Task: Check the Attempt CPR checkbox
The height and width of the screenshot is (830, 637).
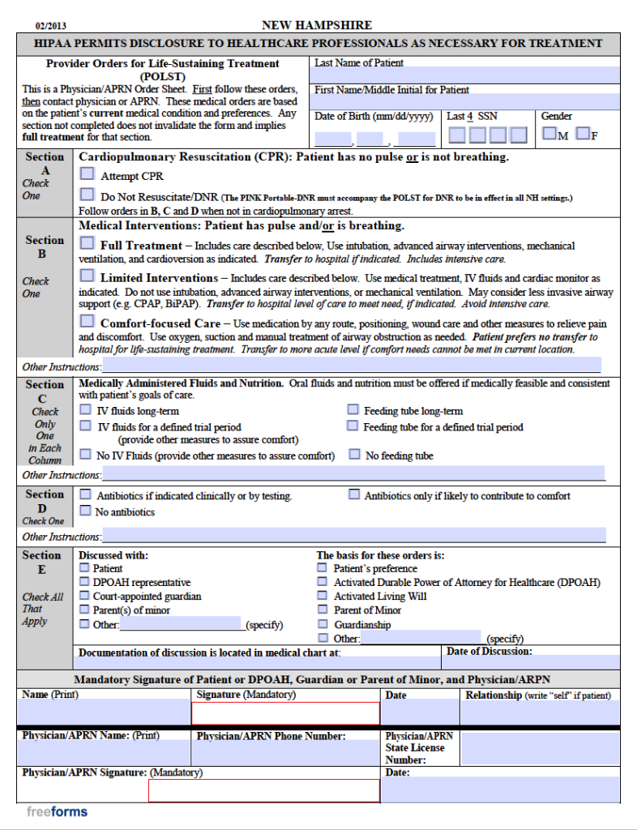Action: click(x=87, y=174)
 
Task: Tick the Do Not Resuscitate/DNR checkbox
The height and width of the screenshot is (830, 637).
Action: click(x=87, y=195)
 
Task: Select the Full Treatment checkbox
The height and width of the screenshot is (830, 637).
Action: click(x=87, y=243)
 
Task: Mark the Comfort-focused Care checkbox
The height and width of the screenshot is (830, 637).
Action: click(x=87, y=321)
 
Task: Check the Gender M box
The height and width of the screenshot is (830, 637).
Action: click(x=549, y=133)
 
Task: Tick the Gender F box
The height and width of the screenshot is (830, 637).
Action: click(x=582, y=133)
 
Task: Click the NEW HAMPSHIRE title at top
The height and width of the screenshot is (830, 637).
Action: click(x=317, y=25)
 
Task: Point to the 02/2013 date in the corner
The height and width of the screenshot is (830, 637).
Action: click(x=51, y=26)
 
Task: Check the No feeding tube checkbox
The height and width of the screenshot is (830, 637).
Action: click(x=354, y=455)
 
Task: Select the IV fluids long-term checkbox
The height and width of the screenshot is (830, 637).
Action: click(x=85, y=410)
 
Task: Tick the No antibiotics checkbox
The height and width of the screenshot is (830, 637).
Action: click(x=85, y=511)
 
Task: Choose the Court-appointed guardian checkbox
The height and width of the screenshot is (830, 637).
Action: click(x=84, y=596)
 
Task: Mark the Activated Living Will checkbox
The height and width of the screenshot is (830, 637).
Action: click(x=322, y=596)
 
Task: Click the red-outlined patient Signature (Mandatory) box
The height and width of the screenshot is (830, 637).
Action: click(x=285, y=713)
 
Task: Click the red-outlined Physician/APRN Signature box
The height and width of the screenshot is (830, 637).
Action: click(x=263, y=790)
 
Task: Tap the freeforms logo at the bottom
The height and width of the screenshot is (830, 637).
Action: click(x=57, y=811)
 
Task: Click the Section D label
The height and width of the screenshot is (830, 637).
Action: click(x=44, y=501)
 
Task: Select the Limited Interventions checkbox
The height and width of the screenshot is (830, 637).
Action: click(x=87, y=276)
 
